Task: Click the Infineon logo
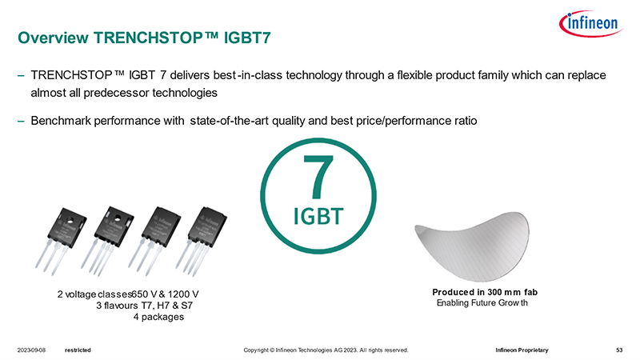coord(590,23)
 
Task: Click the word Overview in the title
coord(53,38)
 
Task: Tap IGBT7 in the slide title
coord(247,38)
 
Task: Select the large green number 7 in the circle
coord(318,176)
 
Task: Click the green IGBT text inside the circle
coord(318,216)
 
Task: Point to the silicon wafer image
coord(472,246)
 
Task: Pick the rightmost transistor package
coord(202,240)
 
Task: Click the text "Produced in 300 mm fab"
coord(485,292)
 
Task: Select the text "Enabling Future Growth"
coord(482,303)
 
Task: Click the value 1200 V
coord(183,294)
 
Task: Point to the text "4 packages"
coord(158,317)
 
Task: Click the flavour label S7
coord(186,306)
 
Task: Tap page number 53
coord(619,350)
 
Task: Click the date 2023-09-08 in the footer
coord(31,350)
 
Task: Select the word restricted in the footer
coord(78,350)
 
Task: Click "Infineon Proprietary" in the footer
coord(522,350)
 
